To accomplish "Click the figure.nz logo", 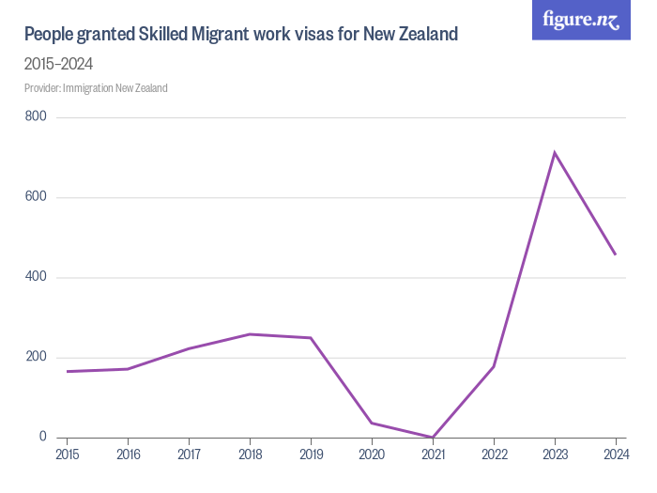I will click(x=582, y=20).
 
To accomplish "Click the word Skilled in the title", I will click(x=169, y=35).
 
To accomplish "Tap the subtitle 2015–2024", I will click(x=58, y=64).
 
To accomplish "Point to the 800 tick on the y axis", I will click(x=37, y=117).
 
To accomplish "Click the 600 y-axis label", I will click(x=37, y=197).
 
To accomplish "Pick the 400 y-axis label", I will click(x=37, y=277).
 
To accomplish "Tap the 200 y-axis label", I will click(x=37, y=357).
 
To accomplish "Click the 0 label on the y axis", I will click(x=43, y=437).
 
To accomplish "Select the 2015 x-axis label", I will click(x=68, y=455).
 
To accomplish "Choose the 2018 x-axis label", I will click(x=250, y=455).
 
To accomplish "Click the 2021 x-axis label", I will click(x=433, y=455).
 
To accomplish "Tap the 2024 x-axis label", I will click(x=615, y=455).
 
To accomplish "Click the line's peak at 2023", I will click(x=555, y=152).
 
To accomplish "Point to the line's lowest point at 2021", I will click(x=433, y=437).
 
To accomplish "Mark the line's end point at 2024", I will click(x=615, y=254).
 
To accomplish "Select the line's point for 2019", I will click(x=311, y=338).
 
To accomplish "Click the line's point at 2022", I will click(x=494, y=366).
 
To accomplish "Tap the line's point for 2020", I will click(x=372, y=423).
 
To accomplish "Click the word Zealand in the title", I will click(x=424, y=35).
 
